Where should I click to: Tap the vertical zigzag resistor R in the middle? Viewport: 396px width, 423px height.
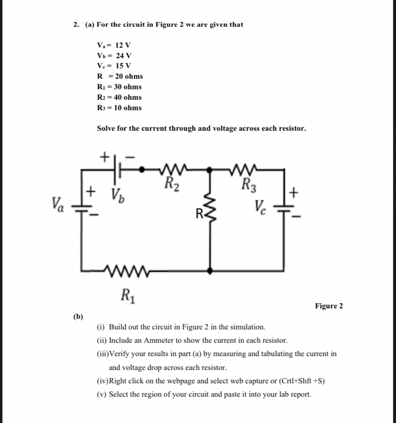pyautogui.click(x=211, y=210)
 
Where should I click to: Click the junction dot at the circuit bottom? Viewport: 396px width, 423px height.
pyautogui.click(x=211, y=271)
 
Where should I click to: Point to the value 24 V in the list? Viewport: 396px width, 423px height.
pyautogui.click(x=123, y=55)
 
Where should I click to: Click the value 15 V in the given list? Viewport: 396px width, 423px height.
pyautogui.click(x=122, y=66)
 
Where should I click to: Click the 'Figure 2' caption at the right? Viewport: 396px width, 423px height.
pyautogui.click(x=329, y=306)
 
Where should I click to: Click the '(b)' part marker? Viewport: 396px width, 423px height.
pyautogui.click(x=78, y=316)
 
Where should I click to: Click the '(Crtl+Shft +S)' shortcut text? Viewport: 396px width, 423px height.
pyautogui.click(x=297, y=381)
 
